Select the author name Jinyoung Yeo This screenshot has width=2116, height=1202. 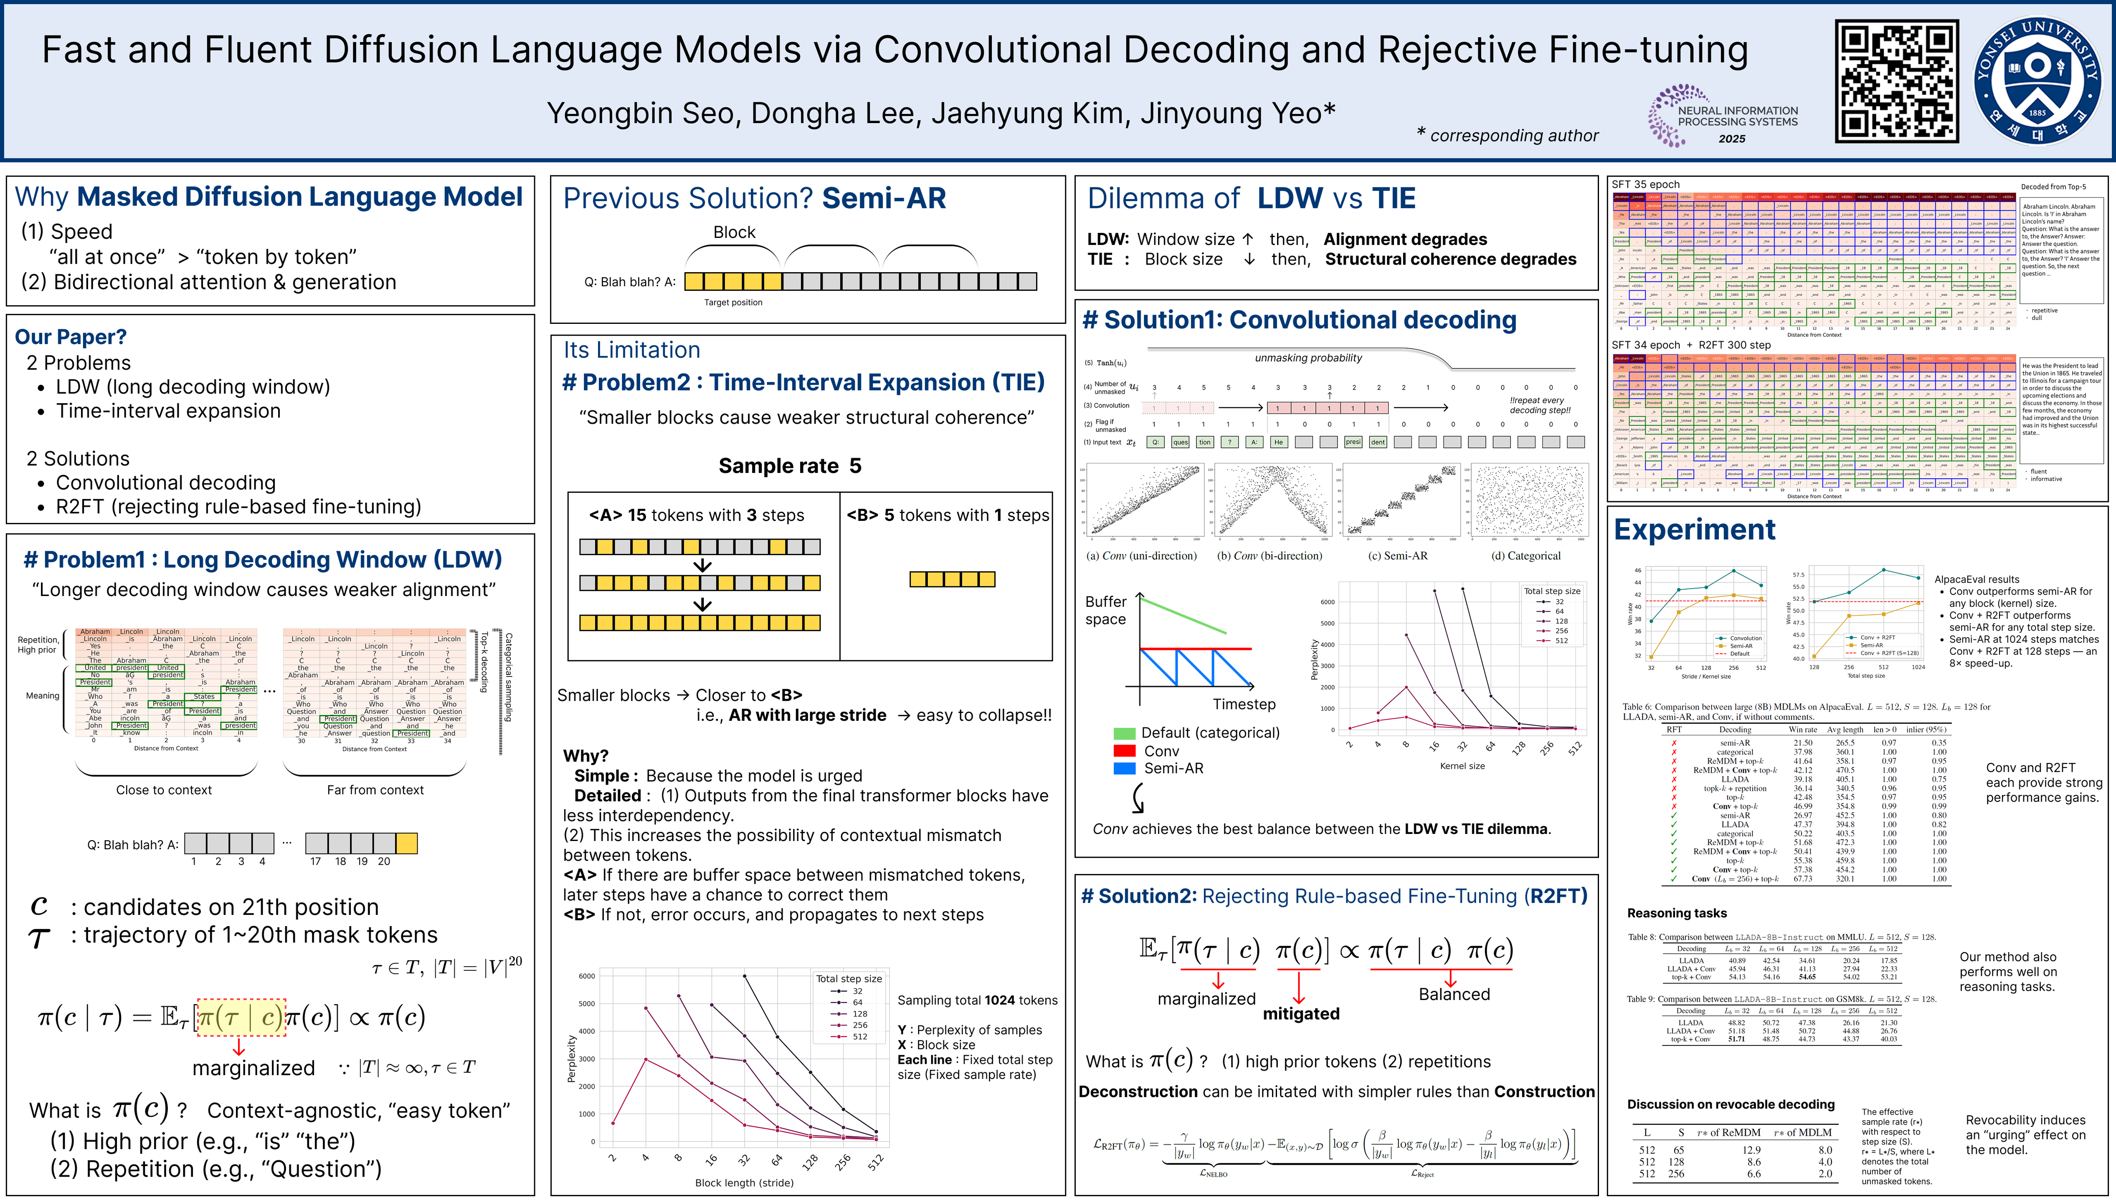tap(1237, 113)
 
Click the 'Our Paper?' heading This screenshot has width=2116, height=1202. tap(71, 337)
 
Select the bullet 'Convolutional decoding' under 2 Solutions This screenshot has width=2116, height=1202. tap(165, 482)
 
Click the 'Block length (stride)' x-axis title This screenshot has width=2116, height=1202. tap(744, 1182)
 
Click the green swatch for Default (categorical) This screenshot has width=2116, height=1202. tap(1124, 733)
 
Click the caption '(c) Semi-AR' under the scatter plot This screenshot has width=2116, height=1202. tap(1397, 556)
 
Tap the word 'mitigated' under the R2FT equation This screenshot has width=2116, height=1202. tap(1301, 1014)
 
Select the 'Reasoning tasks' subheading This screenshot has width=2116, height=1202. tap(1677, 913)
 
